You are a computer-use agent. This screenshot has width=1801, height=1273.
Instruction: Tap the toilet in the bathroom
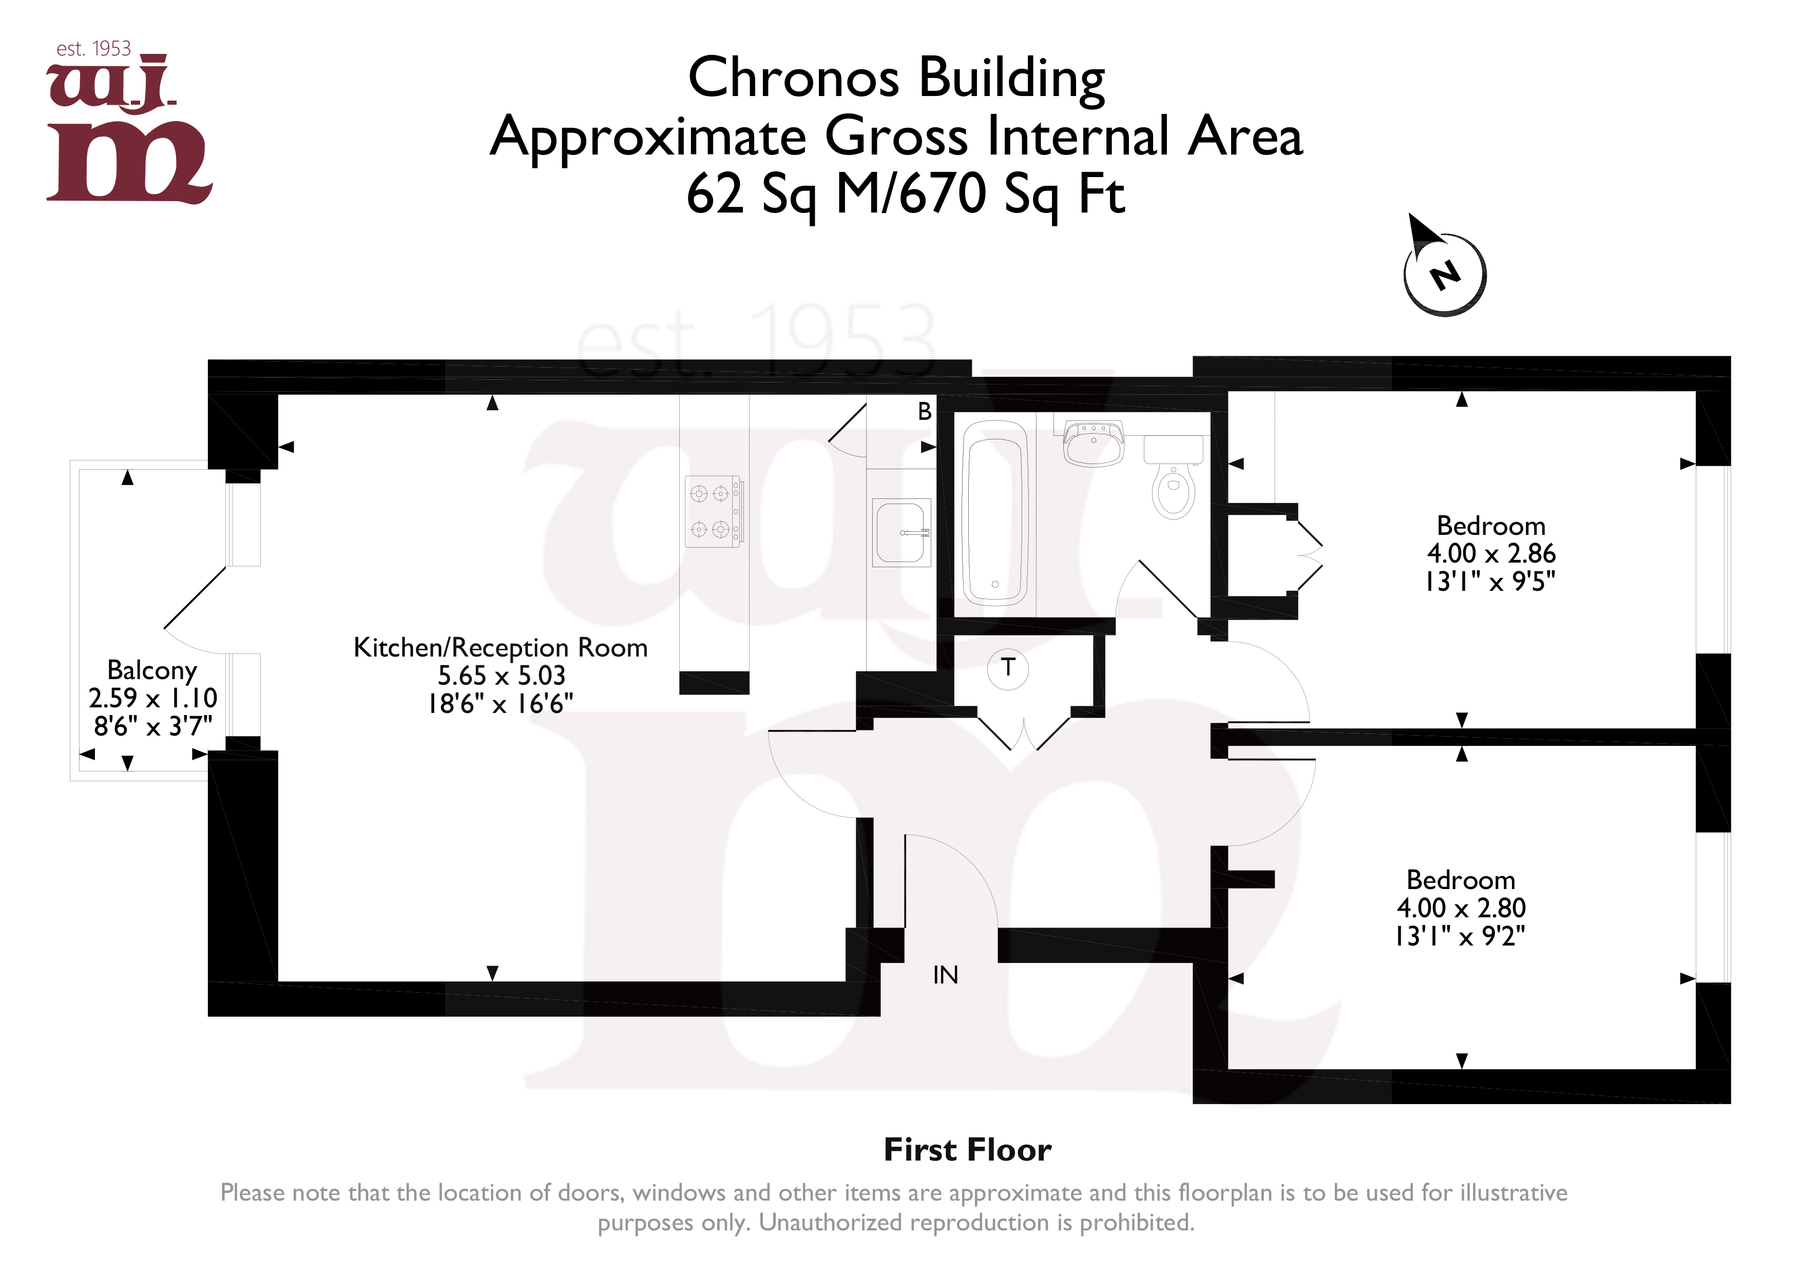pyautogui.click(x=1174, y=476)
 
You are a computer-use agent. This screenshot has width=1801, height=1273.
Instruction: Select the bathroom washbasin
pyautogui.click(x=1094, y=443)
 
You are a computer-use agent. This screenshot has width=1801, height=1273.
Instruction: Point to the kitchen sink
pyautogui.click(x=902, y=533)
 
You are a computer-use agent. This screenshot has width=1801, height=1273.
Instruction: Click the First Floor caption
pyautogui.click(x=967, y=1150)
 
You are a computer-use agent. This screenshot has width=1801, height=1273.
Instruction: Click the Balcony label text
pyautogui.click(x=152, y=670)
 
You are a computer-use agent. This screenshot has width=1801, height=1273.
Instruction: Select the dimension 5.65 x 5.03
pyautogui.click(x=501, y=676)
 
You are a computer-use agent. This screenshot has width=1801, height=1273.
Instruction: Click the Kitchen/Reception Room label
pyautogui.click(x=501, y=648)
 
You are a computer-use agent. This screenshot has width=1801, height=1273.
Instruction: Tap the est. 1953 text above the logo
pyautogui.click(x=93, y=49)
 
